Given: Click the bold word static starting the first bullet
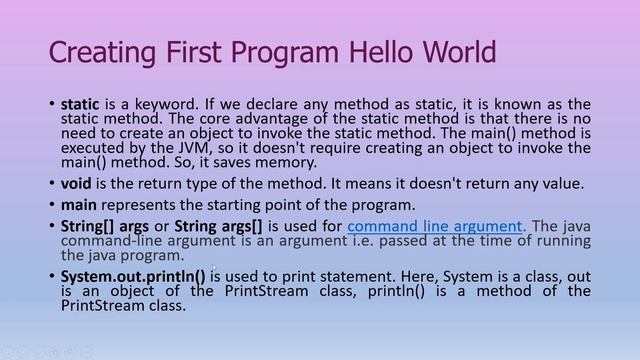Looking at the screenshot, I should pos(80,103).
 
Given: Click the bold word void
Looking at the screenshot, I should pos(77,183).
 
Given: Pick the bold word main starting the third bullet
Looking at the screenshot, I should pos(79,204).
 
